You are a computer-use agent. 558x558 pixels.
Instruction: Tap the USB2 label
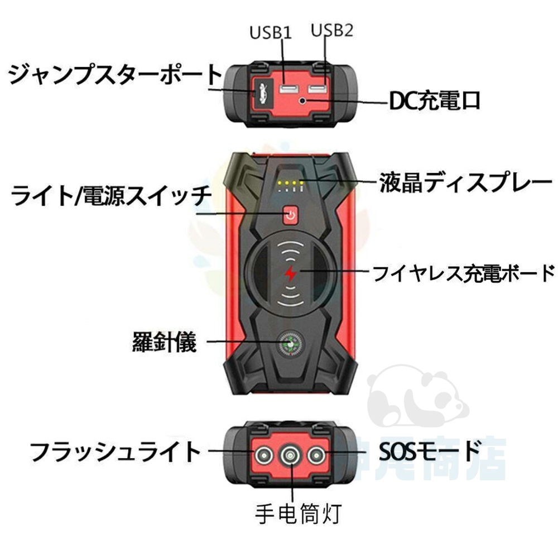pos(333,31)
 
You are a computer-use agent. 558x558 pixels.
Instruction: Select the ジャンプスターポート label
pos(114,74)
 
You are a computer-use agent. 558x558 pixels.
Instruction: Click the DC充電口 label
pos(434,102)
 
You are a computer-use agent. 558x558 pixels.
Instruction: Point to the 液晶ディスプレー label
pos(465,182)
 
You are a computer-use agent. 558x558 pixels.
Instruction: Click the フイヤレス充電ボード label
pos(463,273)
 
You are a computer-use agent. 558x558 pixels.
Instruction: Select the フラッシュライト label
pos(114,452)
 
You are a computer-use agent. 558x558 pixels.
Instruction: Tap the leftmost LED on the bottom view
pos(262,455)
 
